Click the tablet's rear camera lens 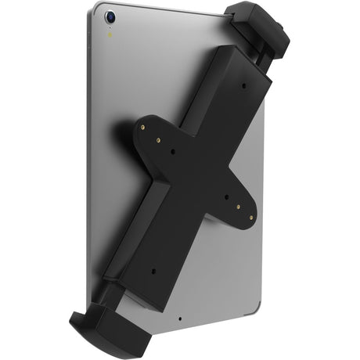(x=112, y=16)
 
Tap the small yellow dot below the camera (x=113, y=34)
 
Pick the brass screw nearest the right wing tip (x=250, y=218)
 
